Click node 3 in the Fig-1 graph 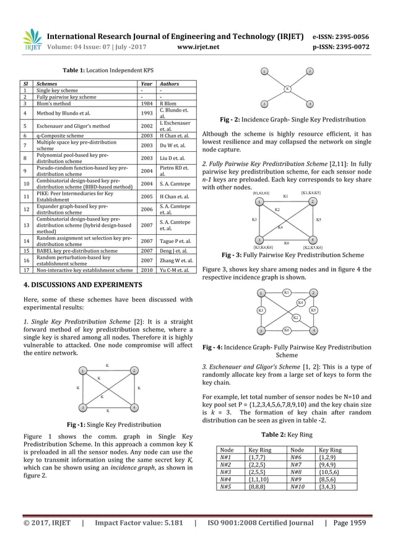tap(82, 407)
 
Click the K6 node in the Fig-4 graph tap(287, 330)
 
